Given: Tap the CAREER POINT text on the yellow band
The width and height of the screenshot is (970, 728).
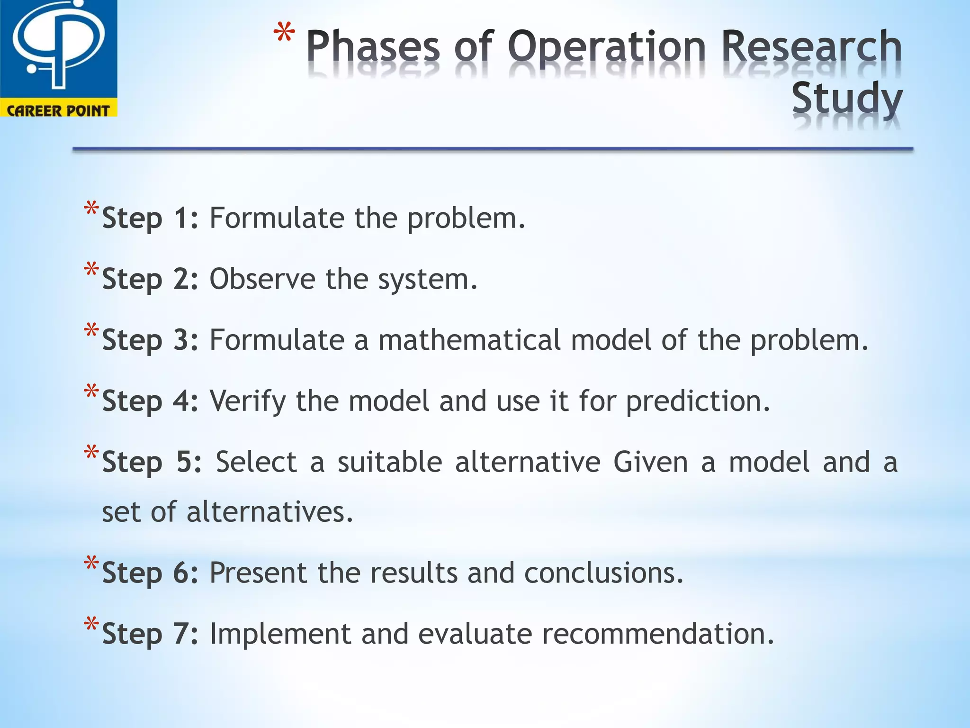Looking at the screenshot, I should point(58,110).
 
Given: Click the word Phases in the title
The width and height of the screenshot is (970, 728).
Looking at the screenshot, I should point(373,47).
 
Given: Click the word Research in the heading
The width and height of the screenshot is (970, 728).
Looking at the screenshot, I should point(811,47).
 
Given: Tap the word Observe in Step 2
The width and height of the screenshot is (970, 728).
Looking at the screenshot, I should point(262,279).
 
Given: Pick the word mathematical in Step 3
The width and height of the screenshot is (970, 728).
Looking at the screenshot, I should point(469,340).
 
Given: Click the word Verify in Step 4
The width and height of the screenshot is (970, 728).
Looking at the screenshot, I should point(248,401).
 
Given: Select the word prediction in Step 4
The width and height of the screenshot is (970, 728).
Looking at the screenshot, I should point(698,401).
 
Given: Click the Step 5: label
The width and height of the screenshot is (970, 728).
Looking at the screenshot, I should point(152,462).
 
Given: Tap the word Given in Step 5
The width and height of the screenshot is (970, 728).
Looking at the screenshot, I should point(650,462).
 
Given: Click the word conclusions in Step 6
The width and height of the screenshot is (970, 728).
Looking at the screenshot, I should point(603,573).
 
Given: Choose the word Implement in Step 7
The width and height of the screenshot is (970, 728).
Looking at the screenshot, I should point(280,634).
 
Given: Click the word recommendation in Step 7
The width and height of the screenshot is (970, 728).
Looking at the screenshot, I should point(657,634).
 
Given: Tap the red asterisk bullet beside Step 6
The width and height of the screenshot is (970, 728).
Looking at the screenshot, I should point(91,564).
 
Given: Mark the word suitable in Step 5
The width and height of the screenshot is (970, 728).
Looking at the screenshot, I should point(390,462).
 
